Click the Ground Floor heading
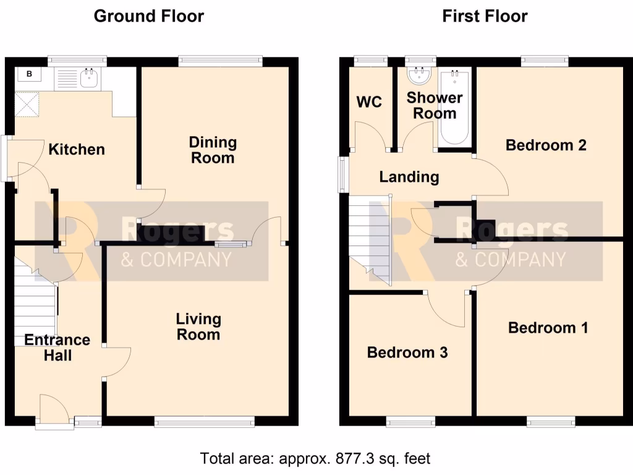(148, 16)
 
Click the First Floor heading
(485, 16)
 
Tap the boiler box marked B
(28, 75)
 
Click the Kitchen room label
(77, 150)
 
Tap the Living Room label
(198, 327)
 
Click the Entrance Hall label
(57, 348)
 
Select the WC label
(369, 102)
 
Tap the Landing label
(409, 178)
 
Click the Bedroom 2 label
(546, 145)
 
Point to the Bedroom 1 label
(548, 328)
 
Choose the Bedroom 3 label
(407, 353)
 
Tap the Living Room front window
(204, 422)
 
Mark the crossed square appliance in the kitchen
(27, 103)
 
